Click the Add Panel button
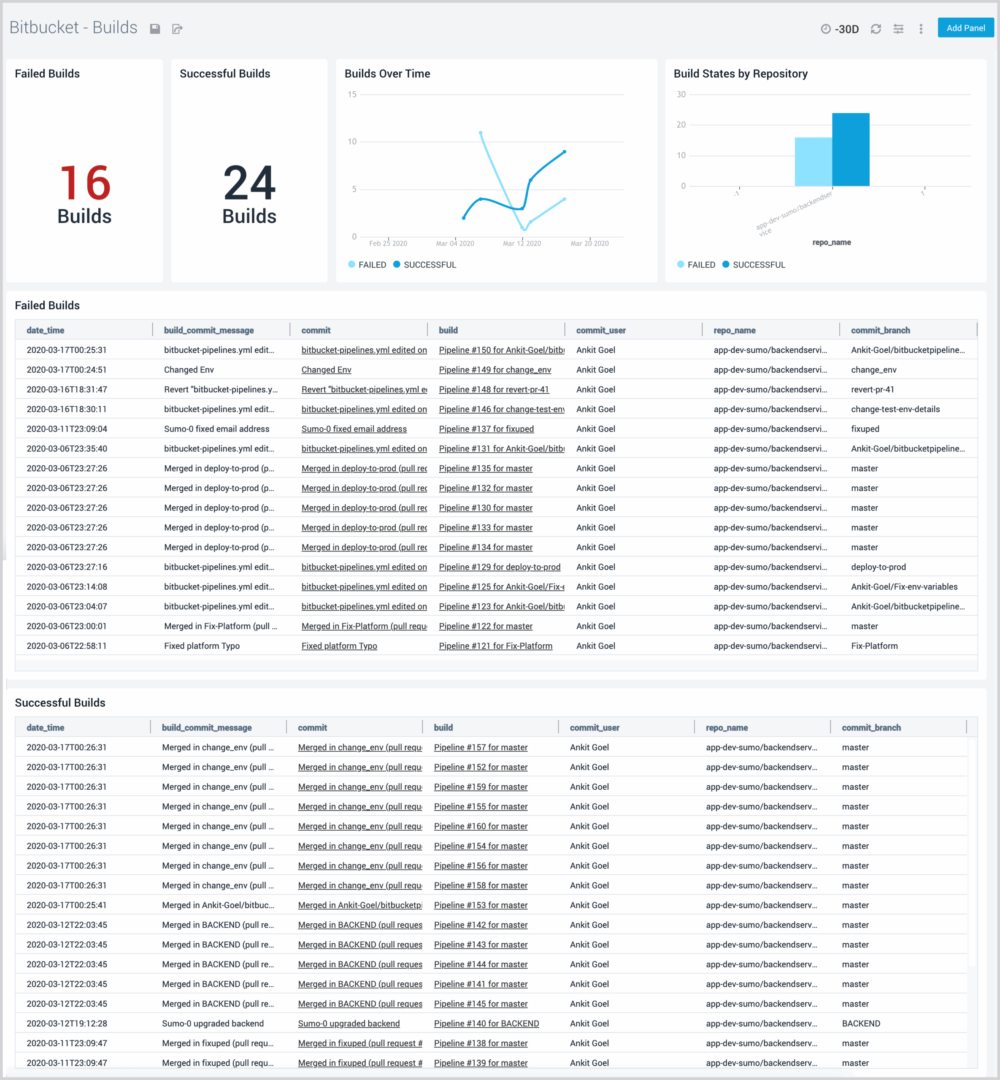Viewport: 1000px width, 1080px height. click(x=965, y=28)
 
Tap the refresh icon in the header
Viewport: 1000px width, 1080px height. click(x=876, y=29)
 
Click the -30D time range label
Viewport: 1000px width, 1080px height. click(x=846, y=29)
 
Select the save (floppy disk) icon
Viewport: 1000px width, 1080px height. click(x=155, y=29)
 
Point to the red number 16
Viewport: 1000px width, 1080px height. click(x=85, y=183)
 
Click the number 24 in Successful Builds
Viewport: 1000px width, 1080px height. click(x=249, y=183)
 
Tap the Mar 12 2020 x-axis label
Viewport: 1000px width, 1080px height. click(x=522, y=243)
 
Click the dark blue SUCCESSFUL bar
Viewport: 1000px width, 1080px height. click(x=851, y=149)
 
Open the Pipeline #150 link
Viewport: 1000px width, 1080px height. click(x=501, y=350)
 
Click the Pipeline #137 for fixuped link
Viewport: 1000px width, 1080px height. click(x=486, y=429)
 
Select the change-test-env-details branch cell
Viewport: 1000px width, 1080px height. click(x=895, y=409)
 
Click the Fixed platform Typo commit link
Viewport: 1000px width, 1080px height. click(x=339, y=646)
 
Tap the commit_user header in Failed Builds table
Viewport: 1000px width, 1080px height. click(x=601, y=330)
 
